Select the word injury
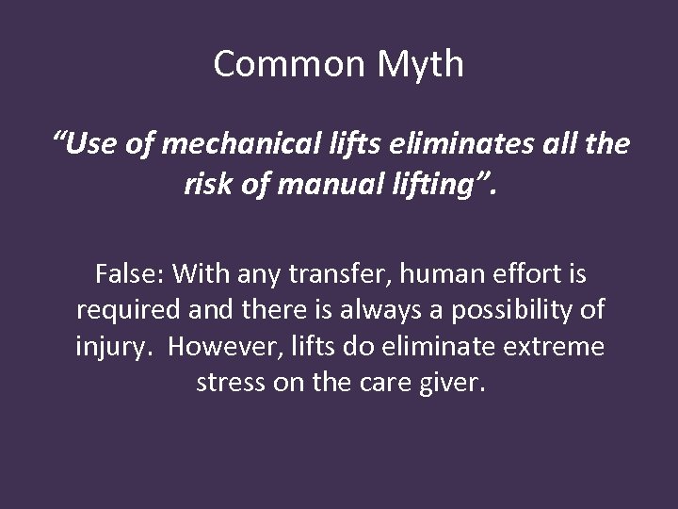(x=109, y=345)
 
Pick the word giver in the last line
(x=453, y=381)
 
